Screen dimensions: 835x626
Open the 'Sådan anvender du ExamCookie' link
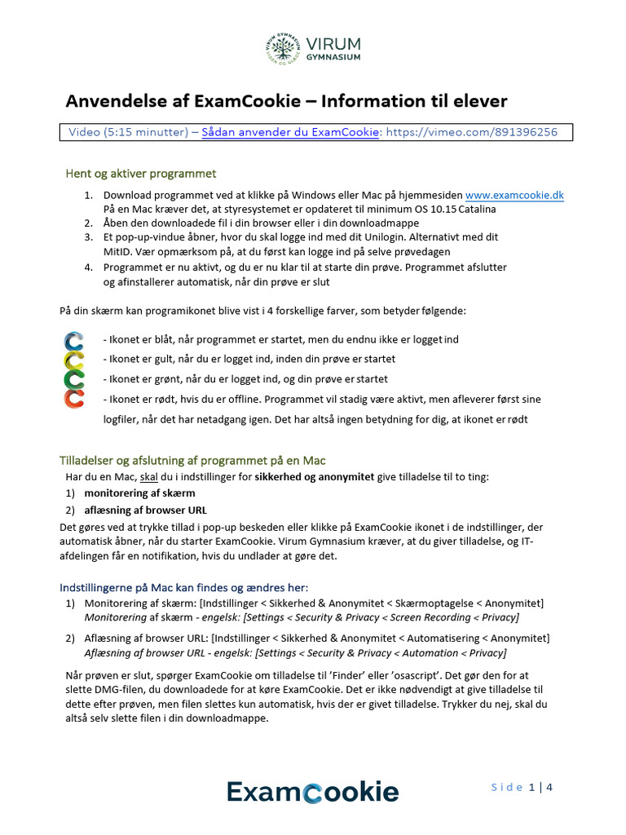(290, 132)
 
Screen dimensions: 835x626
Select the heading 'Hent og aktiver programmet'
(140, 174)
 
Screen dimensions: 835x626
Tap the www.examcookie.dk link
(514, 196)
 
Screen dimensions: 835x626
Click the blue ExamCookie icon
(74, 340)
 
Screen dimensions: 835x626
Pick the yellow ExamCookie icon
(74, 360)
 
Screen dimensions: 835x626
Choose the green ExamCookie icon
(74, 379)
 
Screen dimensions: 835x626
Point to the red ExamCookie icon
(74, 399)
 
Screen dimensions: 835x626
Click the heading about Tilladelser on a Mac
(193, 461)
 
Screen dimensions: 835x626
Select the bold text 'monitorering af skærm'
(139, 493)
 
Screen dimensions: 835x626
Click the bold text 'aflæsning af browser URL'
(145, 510)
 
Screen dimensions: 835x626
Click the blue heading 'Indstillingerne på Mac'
(184, 588)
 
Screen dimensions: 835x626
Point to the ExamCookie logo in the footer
(312, 792)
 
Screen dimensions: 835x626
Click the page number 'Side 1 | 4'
(522, 788)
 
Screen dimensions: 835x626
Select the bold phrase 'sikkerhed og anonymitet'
(315, 476)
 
